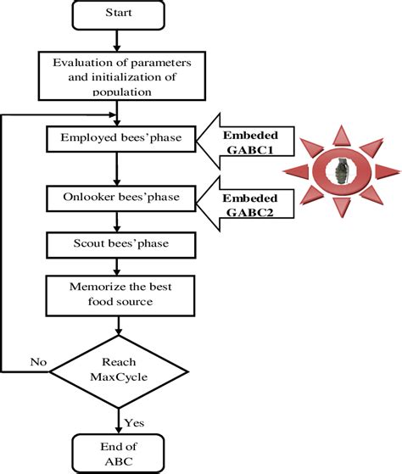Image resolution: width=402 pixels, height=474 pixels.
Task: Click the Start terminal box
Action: (x=120, y=15)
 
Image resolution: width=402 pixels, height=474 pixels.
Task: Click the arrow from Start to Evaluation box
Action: (x=120, y=40)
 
